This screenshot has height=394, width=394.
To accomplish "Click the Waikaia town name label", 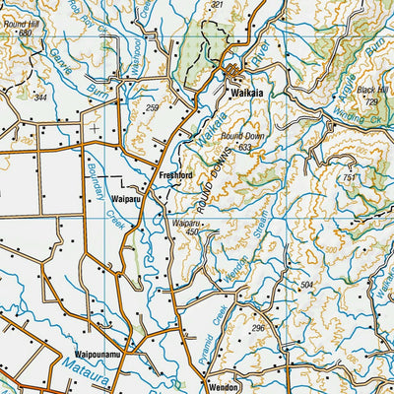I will coord(245,96).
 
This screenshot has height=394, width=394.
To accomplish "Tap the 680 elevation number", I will coord(25,33).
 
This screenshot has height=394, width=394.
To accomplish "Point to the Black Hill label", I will coord(371,91).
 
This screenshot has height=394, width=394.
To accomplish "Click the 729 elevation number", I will coord(371,101).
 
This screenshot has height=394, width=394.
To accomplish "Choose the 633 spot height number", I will coord(246,147).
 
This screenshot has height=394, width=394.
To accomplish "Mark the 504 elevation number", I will coord(306,284).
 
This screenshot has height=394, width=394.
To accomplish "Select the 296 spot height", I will coord(258,328).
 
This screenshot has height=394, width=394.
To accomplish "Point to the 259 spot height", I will coord(152,107).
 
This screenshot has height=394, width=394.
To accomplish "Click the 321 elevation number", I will coord(217,5).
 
